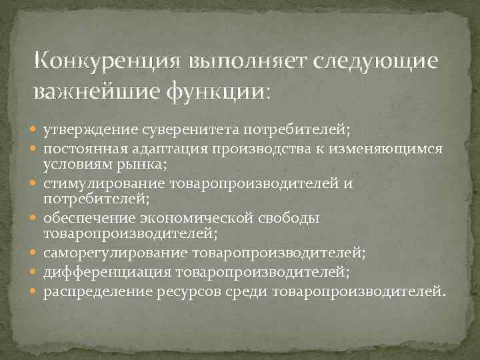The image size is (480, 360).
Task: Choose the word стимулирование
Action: pos(105,183)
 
